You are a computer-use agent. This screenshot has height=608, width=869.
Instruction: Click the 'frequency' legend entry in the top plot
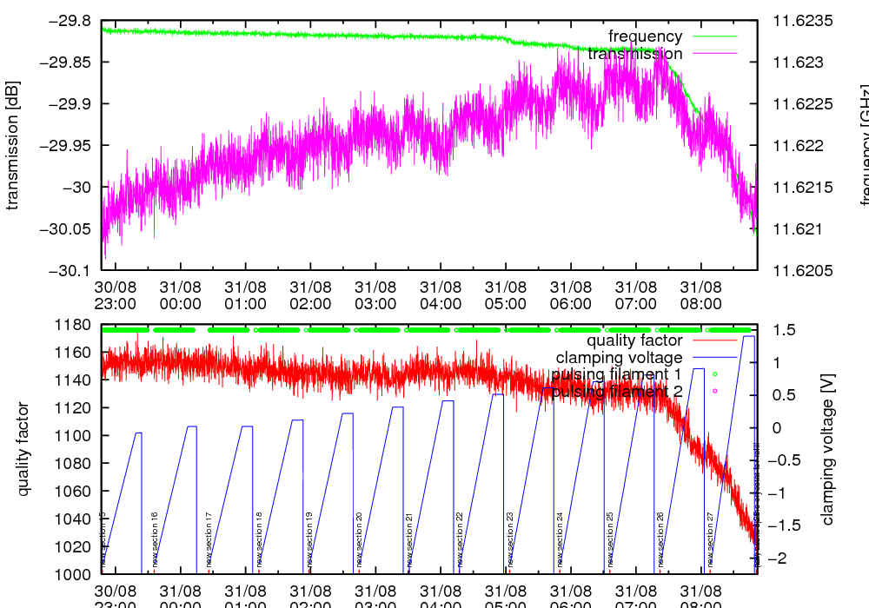tap(646, 36)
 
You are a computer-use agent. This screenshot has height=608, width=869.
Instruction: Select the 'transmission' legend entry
tap(635, 54)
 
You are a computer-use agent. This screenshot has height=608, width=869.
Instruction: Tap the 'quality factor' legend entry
tap(634, 340)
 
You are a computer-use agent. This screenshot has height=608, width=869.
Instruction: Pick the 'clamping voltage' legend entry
tap(619, 357)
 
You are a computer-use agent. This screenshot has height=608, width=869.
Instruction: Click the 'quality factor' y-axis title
tap(23, 449)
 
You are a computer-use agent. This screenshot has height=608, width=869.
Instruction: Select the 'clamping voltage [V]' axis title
tap(827, 449)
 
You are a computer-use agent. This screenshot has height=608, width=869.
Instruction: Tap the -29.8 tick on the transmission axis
tap(70, 20)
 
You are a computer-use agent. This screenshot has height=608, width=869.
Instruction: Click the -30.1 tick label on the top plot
tap(70, 270)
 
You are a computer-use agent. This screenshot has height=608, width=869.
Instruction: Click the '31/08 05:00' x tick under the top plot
tap(506, 294)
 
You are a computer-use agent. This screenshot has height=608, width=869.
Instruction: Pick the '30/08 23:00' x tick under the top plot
tap(115, 294)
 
